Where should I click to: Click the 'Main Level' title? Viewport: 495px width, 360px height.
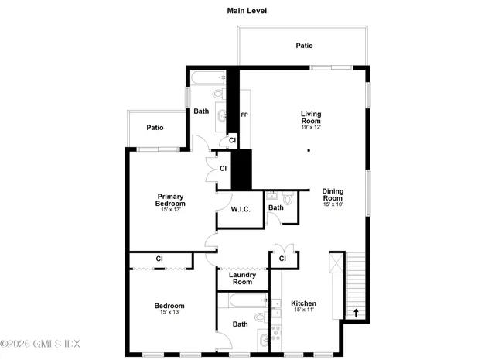247,11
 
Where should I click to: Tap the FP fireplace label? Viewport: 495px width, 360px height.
244,115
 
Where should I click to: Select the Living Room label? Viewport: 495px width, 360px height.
311,117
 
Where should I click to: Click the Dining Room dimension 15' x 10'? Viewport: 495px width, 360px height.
333,204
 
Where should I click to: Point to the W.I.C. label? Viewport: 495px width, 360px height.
239,209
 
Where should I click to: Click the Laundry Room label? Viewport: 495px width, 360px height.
242,278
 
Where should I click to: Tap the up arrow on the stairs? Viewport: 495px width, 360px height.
356,313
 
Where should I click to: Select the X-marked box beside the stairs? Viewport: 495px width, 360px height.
336,262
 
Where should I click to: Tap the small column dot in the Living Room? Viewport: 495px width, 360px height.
308,149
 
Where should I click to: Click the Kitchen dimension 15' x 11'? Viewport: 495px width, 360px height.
303,310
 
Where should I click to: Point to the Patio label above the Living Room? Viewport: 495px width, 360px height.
305,46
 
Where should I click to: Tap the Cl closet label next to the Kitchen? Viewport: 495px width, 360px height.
283,258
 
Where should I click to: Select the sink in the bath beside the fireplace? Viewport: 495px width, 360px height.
222,116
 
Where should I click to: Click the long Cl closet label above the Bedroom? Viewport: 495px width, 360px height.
159,259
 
